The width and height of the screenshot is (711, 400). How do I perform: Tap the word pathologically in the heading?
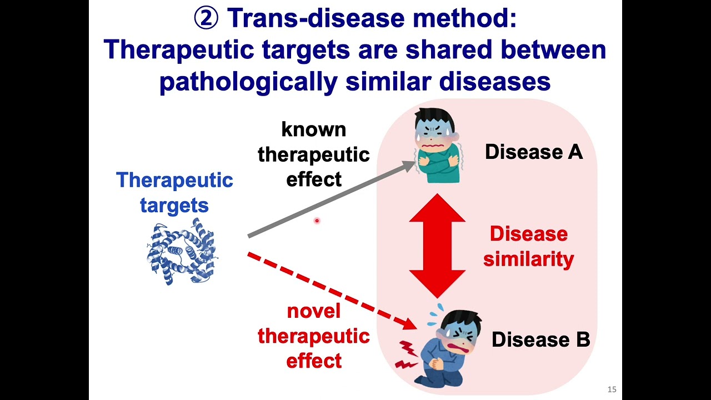[x=248, y=82]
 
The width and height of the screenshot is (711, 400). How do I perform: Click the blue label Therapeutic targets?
[x=174, y=192]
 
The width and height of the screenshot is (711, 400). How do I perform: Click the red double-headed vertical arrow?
[x=437, y=246]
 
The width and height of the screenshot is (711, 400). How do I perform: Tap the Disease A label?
[x=533, y=152]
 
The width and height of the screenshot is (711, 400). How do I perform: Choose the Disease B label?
[x=540, y=339]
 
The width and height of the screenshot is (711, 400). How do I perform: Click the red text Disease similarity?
[x=528, y=246]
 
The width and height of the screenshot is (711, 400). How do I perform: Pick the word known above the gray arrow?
[x=313, y=129]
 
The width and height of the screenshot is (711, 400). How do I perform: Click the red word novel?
[x=313, y=311]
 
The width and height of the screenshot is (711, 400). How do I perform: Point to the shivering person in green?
[x=438, y=146]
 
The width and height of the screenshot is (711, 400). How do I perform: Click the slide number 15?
[x=612, y=389]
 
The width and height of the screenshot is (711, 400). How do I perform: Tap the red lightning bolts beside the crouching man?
[x=407, y=355]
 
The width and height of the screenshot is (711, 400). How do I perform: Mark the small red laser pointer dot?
[x=317, y=221]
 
